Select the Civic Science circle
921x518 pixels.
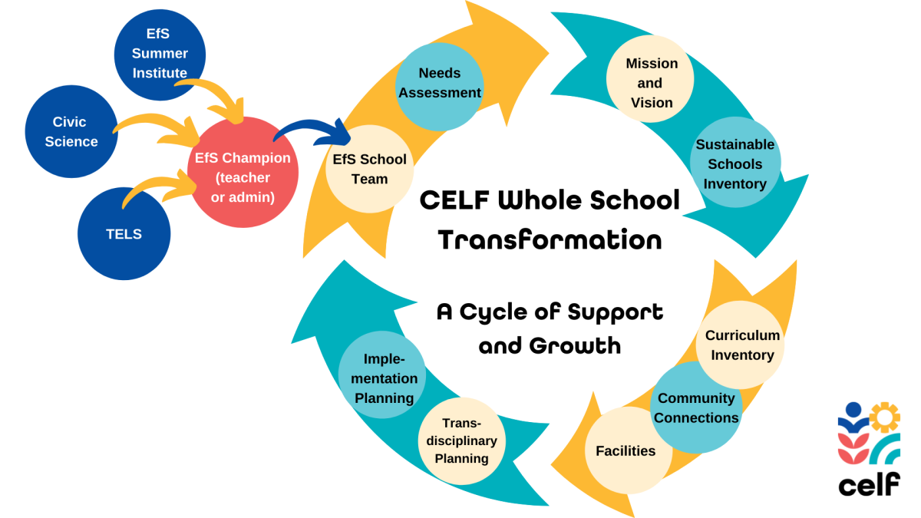click(71, 131)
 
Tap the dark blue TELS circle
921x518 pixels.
click(124, 234)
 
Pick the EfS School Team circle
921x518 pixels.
click(369, 169)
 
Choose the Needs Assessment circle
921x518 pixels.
click(439, 84)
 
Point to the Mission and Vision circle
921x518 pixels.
click(650, 79)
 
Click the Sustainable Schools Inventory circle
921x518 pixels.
click(735, 163)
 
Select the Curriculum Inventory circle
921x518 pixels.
click(741, 345)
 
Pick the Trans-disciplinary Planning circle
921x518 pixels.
click(462, 440)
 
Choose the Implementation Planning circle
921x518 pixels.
click(382, 375)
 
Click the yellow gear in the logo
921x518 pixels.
click(885, 417)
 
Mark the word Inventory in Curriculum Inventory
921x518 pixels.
click(742, 355)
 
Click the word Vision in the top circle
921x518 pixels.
click(652, 103)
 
